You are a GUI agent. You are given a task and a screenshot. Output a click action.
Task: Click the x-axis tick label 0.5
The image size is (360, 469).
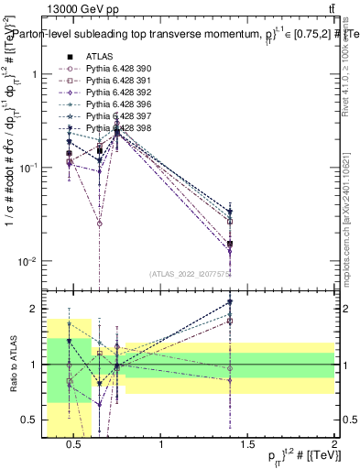(75, 444)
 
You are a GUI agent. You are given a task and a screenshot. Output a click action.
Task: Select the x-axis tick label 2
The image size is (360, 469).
(333, 444)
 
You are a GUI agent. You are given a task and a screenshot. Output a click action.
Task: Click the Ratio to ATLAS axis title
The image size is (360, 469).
(14, 365)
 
